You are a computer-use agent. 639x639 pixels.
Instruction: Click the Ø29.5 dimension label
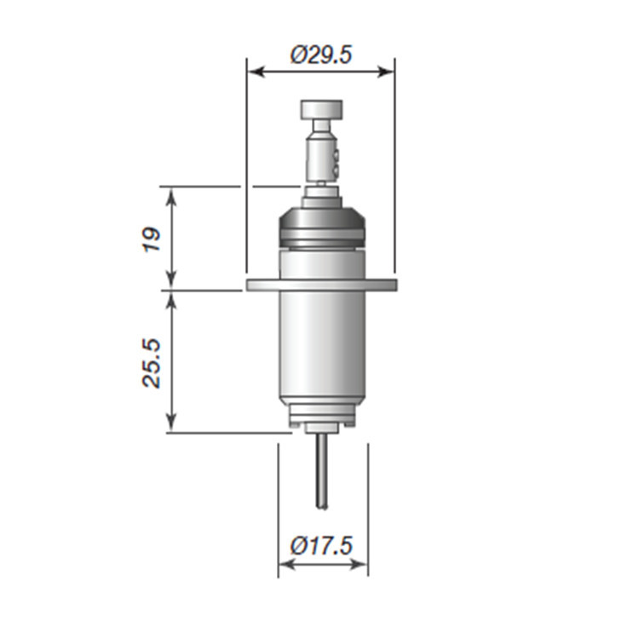(320, 55)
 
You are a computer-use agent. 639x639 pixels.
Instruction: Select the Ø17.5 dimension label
(320, 545)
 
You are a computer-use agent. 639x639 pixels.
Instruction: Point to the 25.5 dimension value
(152, 363)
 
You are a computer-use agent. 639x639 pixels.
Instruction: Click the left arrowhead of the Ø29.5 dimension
(256, 72)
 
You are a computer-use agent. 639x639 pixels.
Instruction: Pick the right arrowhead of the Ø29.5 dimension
(386, 72)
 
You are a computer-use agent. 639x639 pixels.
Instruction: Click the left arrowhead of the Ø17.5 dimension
(287, 564)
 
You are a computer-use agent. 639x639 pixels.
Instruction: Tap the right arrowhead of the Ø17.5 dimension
(359, 564)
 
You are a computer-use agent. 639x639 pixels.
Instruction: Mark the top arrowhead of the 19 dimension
(171, 196)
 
